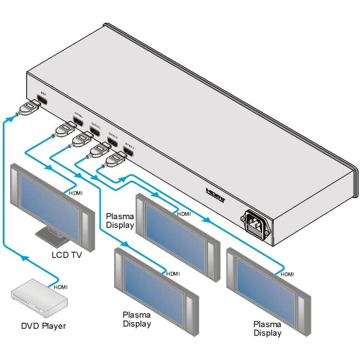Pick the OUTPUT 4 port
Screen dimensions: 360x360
pyautogui.click(x=129, y=150)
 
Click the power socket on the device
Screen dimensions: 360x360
pyautogui.click(x=257, y=223)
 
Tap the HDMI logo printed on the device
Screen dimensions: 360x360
pyautogui.click(x=214, y=195)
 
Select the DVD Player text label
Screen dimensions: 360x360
pyautogui.click(x=43, y=326)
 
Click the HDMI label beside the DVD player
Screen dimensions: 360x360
pyautogui.click(x=61, y=287)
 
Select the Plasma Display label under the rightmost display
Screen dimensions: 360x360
pyautogui.click(x=267, y=328)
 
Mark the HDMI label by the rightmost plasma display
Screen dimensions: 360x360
pyautogui.click(x=287, y=274)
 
